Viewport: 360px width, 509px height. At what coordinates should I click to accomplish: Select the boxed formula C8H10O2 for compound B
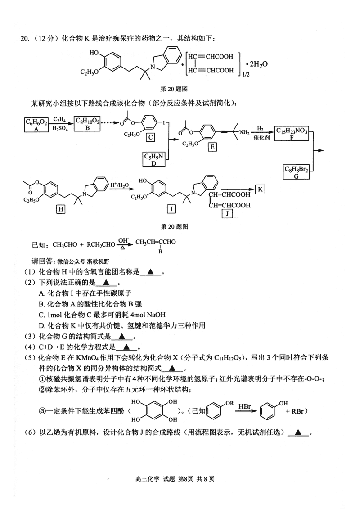tap(87, 124)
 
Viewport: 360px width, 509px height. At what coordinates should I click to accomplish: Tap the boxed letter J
tap(228, 214)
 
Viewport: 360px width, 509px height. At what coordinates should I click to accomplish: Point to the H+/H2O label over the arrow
tap(119, 185)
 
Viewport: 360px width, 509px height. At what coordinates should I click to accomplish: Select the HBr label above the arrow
tap(245, 406)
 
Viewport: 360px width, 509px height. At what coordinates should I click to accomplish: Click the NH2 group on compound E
tap(245, 132)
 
